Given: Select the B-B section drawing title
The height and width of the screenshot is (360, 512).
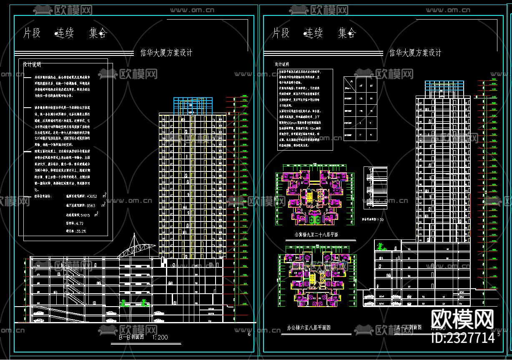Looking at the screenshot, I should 131,337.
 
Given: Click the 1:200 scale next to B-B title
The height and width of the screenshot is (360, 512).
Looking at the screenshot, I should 160,337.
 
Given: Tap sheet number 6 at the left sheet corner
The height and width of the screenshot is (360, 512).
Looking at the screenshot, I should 249,334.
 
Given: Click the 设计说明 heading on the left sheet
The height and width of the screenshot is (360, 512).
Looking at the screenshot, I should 32,65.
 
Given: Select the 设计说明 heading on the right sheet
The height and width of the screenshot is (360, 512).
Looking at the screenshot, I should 281,64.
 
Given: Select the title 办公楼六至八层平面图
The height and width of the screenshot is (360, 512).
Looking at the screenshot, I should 309,328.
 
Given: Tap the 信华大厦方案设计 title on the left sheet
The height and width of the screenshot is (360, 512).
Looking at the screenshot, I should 166,53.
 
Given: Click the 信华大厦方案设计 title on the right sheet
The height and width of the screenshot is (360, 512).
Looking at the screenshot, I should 415,53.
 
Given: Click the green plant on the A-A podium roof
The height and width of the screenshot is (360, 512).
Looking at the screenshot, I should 380,247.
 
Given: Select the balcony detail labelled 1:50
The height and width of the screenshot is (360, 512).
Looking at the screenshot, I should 375,188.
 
